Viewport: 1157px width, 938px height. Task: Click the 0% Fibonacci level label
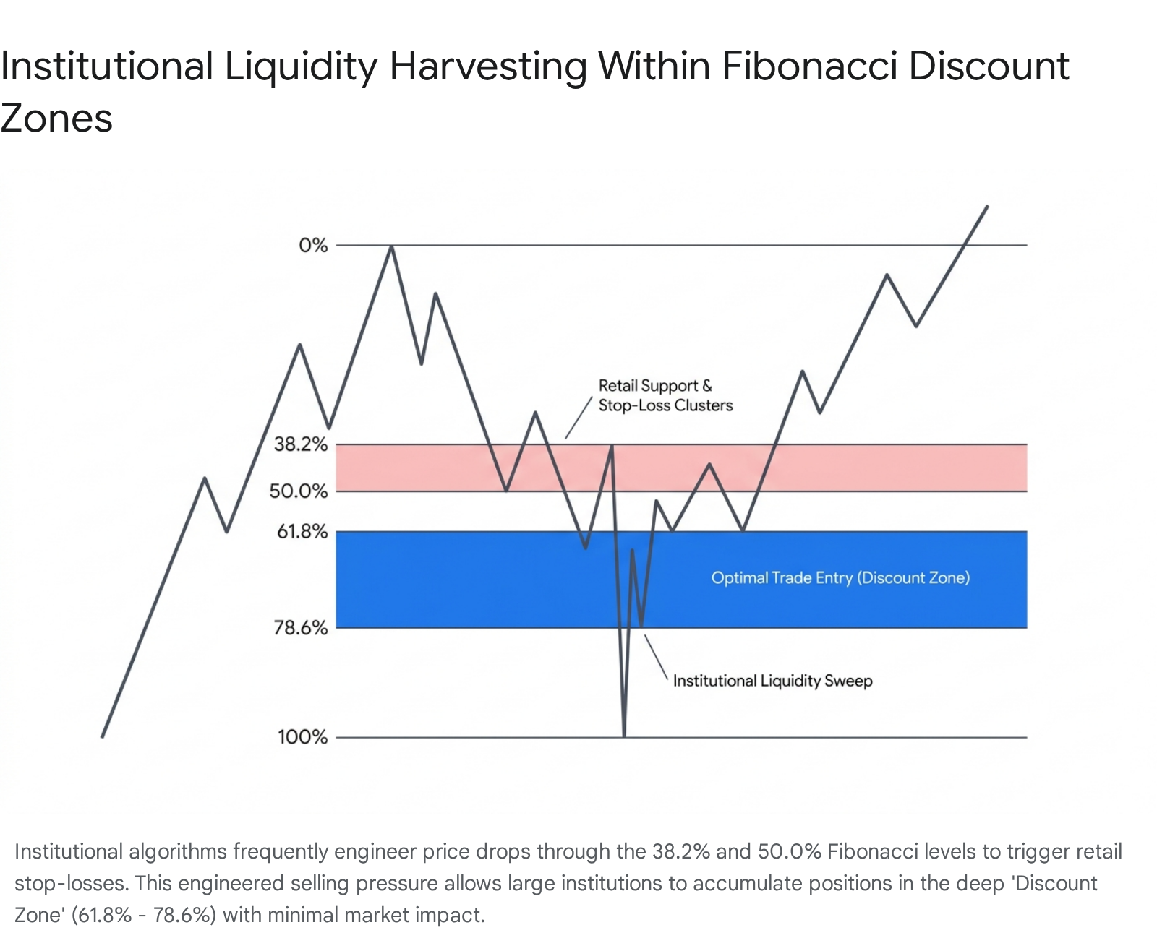tap(313, 246)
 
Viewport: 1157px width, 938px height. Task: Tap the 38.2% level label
tap(301, 444)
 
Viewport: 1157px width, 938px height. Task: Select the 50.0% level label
tap(299, 491)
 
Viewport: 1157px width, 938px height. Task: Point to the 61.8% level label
tap(302, 531)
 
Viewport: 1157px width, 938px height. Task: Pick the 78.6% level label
tap(301, 628)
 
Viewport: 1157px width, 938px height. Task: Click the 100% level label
tap(302, 737)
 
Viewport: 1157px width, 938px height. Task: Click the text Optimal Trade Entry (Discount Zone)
tap(840, 577)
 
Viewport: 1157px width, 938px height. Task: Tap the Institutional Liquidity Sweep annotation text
tap(772, 681)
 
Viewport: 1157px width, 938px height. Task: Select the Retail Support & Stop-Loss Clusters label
tap(665, 395)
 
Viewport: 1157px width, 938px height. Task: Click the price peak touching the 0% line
tap(391, 246)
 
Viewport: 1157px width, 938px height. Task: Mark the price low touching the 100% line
tap(624, 735)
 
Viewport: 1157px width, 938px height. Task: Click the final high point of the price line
tap(986, 207)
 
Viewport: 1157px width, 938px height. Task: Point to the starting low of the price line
tap(103, 736)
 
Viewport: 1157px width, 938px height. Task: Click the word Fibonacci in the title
tap(809, 66)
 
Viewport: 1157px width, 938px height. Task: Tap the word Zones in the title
tap(56, 118)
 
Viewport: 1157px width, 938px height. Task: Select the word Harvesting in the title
tap(488, 67)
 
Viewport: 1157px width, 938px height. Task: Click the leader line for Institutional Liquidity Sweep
tap(656, 657)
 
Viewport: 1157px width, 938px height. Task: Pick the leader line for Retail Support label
tap(578, 418)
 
